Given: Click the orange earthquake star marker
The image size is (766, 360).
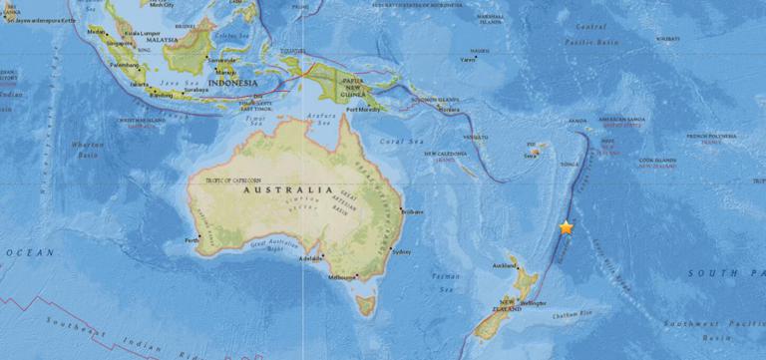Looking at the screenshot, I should click(567, 227).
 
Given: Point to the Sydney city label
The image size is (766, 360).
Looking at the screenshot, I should click(404, 252).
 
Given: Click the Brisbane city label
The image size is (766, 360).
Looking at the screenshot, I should click(411, 211).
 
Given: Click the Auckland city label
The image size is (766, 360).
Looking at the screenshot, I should click(505, 267).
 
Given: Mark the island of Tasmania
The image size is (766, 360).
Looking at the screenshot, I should click(366, 300).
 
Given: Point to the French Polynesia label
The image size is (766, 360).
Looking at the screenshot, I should click(710, 138).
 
